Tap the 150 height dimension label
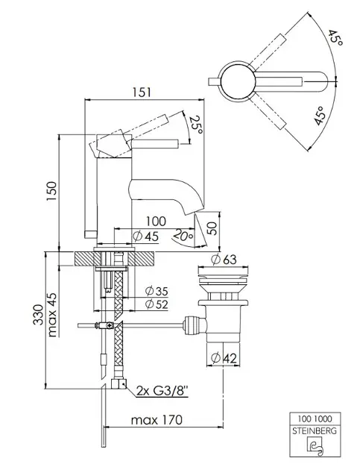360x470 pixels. coord(51,192)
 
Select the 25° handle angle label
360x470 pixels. coord(197,125)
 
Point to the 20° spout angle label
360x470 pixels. coord(183,235)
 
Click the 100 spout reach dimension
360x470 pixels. coord(156,222)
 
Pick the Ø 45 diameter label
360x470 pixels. coord(145,236)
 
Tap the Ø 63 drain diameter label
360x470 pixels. coord(224,260)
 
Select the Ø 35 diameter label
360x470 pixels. coord(157,291)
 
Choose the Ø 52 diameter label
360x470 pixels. coord(157,304)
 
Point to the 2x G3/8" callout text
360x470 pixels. coord(162,391)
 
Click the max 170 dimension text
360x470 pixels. coord(157,419)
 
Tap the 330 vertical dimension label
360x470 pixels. coord(38,315)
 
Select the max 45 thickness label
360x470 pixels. coord(52,314)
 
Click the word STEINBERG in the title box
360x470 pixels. coord(315,431)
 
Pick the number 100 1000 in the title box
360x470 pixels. coord(315,418)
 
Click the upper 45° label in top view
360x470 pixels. coord(335,37)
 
